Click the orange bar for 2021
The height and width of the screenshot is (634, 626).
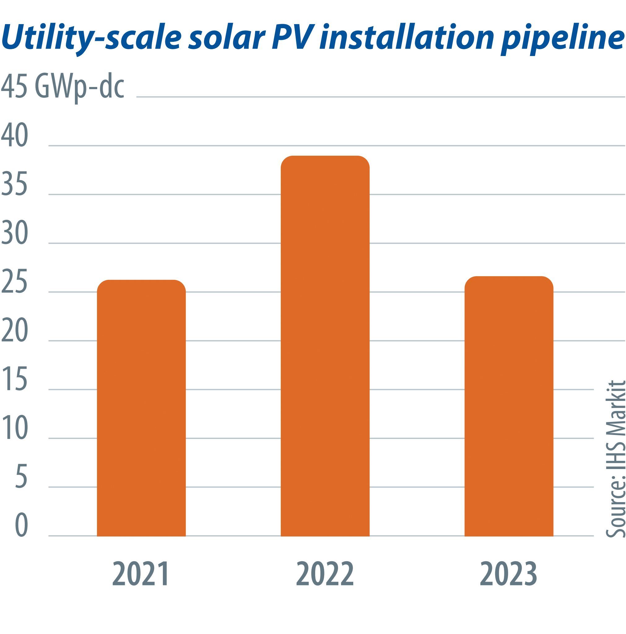(141, 409)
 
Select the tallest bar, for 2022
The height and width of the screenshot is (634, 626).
(325, 346)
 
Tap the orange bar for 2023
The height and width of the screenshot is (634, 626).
(509, 407)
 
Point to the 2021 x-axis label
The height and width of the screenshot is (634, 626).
(141, 574)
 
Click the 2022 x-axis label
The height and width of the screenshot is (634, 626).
(325, 574)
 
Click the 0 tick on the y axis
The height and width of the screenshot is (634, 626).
(21, 525)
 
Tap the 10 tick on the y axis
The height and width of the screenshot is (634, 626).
(15, 428)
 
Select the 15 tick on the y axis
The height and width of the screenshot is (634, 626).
(15, 379)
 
